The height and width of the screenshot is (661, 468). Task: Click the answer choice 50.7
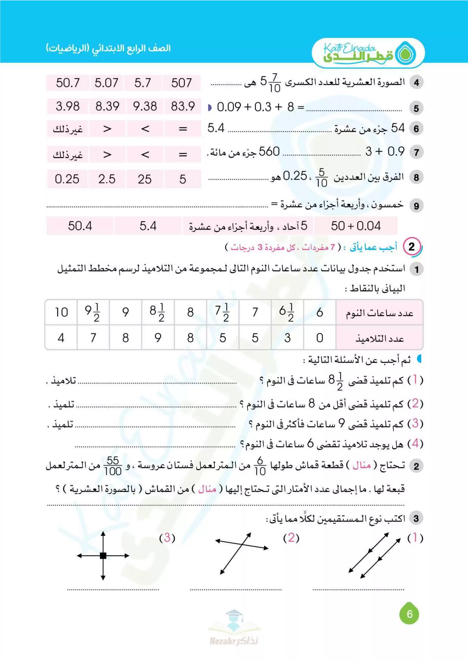click(x=68, y=83)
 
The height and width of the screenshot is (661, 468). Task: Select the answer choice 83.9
click(x=183, y=106)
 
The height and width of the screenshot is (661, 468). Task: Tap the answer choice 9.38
click(x=145, y=106)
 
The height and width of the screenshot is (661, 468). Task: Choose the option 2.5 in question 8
click(x=107, y=179)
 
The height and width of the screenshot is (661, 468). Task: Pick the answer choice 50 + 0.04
click(x=356, y=226)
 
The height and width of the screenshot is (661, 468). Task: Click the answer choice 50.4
click(x=80, y=226)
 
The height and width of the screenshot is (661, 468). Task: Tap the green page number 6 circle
click(x=409, y=614)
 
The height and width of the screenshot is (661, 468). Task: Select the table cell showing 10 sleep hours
click(x=61, y=312)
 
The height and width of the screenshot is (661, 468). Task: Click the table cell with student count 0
click(x=320, y=338)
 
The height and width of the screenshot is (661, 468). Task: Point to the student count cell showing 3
click(x=287, y=338)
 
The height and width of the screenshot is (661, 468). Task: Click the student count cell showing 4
click(x=61, y=338)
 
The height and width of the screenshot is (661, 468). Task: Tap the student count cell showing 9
click(x=158, y=338)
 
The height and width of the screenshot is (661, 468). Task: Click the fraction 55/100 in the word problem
click(x=113, y=466)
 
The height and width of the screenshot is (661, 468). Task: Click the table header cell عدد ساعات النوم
click(x=379, y=313)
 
